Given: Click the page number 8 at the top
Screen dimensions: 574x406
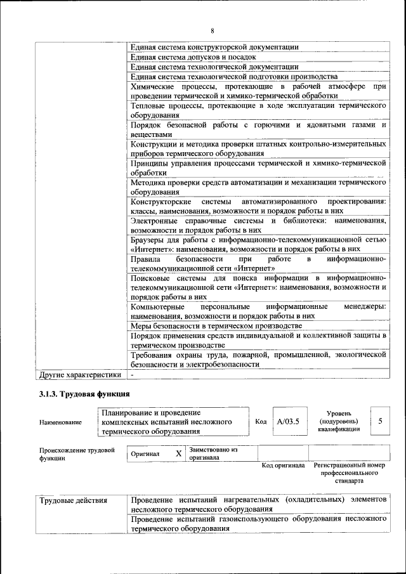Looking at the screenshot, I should point(213,31).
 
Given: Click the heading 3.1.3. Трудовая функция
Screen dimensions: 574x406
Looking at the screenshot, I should point(84,394).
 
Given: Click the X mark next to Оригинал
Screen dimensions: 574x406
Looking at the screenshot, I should point(178,454).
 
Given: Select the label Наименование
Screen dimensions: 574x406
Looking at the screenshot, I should point(60,422).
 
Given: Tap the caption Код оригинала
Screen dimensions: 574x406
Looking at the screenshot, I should point(283,466).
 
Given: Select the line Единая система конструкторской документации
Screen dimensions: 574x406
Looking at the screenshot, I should point(214,46).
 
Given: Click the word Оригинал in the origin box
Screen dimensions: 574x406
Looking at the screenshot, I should point(145,454).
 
